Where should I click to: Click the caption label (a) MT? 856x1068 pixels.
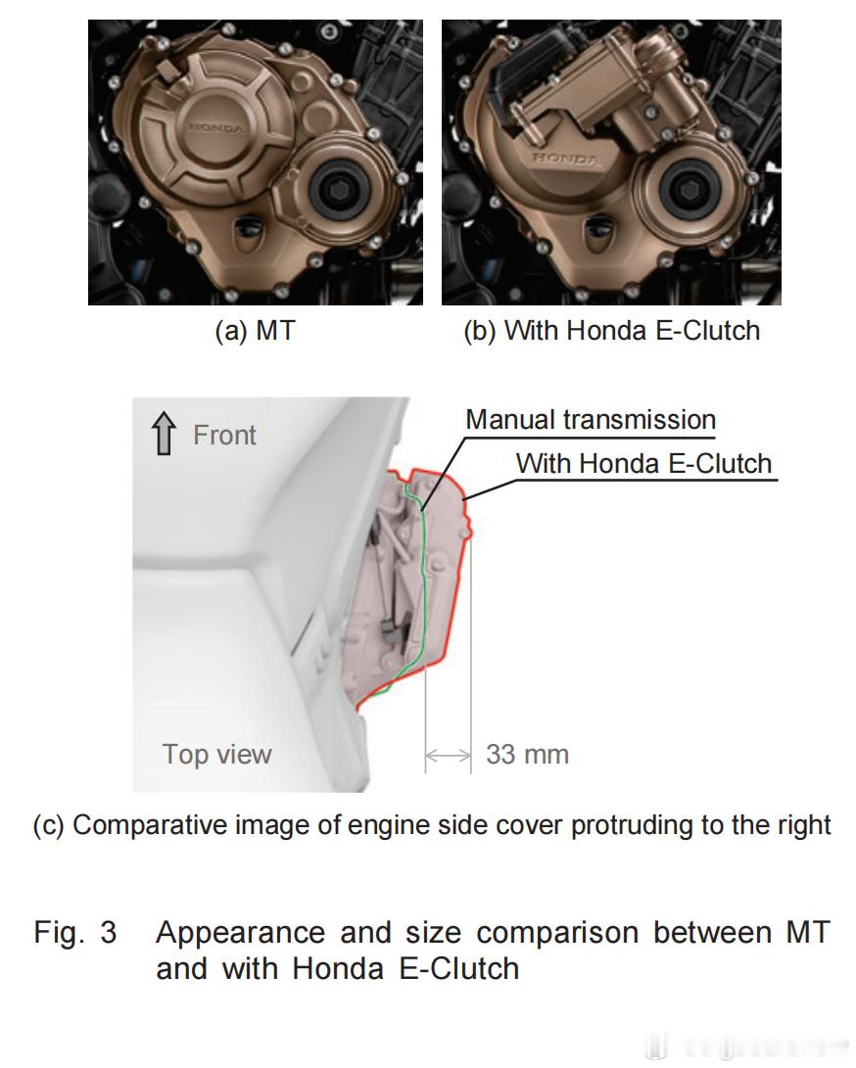[255, 331]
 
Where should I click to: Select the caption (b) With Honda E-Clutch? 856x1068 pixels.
[611, 331]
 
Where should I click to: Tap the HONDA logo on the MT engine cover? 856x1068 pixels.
[217, 127]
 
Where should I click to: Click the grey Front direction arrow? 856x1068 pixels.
[165, 435]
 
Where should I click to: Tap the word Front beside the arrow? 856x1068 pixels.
[224, 435]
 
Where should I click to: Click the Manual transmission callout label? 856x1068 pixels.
[591, 420]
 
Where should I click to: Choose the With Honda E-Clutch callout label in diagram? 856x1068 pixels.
[644, 463]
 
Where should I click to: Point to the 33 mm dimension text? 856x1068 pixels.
[527, 755]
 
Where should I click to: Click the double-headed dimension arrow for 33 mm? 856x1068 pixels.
[449, 755]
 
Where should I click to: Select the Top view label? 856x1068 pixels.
[217, 754]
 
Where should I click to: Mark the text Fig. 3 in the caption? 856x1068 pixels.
[75, 932]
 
